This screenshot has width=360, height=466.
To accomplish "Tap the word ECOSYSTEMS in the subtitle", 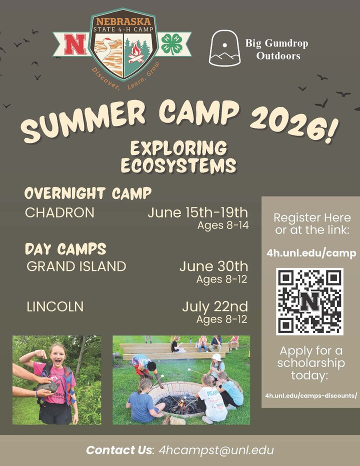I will [x=177, y=165].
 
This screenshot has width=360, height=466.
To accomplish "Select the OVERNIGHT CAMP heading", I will [x=88, y=193].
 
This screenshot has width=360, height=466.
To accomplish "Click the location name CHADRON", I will [x=59, y=212].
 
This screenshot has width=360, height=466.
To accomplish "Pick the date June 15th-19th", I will [x=197, y=212].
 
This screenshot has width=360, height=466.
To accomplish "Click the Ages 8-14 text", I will [x=222, y=225].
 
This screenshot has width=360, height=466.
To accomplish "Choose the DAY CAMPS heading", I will [x=65, y=248].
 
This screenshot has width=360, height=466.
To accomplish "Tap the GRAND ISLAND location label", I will [x=76, y=266].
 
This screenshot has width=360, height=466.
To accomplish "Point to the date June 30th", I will [x=213, y=266].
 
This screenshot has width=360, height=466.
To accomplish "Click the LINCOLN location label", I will [x=55, y=306].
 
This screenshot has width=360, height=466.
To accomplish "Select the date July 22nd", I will [x=214, y=306].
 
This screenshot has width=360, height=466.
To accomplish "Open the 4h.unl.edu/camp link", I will [x=311, y=253].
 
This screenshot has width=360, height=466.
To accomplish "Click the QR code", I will [x=310, y=301].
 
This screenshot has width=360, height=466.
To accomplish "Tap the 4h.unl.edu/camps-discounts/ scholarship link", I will [x=311, y=395].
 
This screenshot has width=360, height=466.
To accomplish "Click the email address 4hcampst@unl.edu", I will [x=216, y=450].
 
